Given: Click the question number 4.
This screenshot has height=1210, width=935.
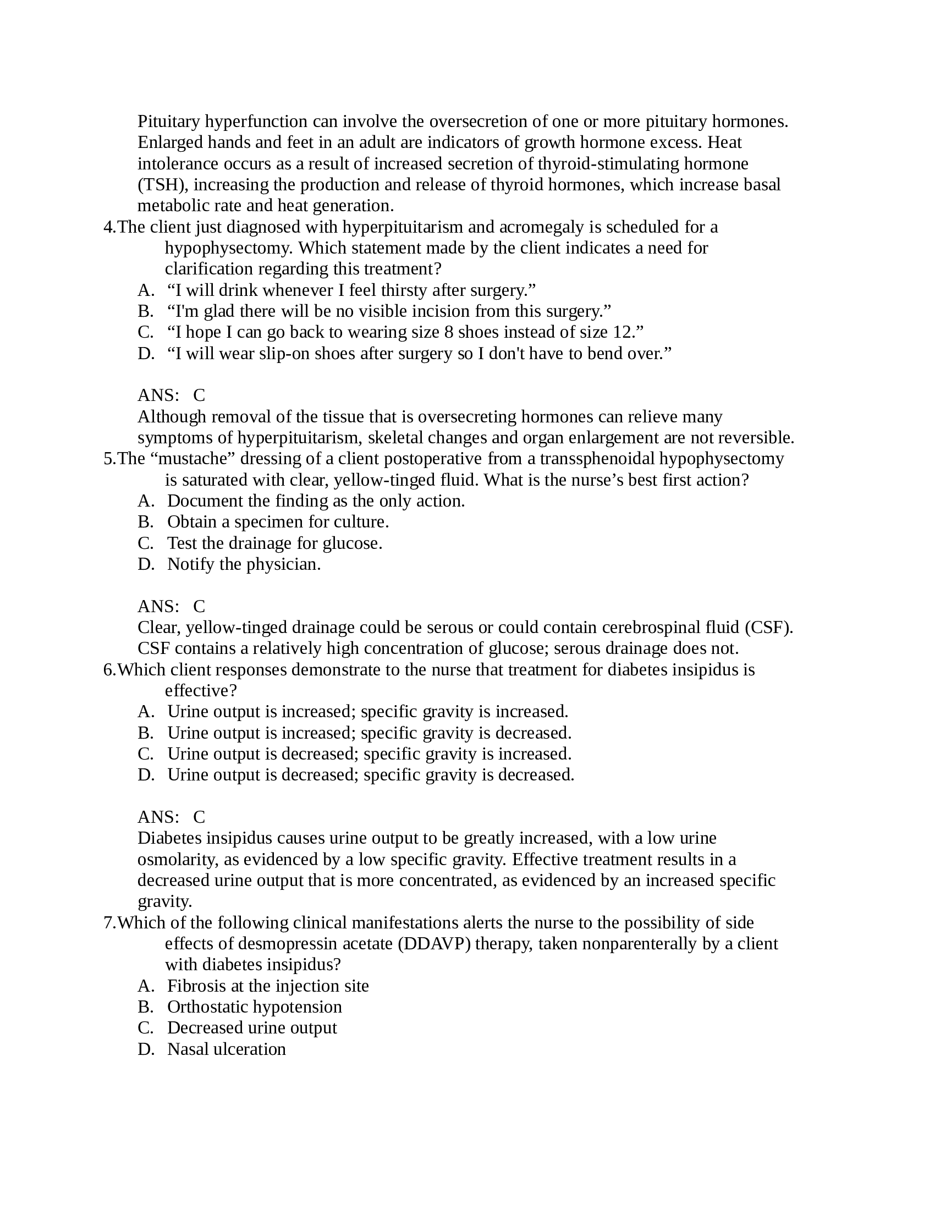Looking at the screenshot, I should [109, 227].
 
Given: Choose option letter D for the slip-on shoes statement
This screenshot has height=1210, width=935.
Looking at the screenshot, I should [145, 353].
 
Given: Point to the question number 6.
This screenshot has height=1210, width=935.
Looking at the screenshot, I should [109, 669].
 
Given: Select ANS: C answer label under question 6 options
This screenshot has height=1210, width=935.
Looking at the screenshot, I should [171, 817].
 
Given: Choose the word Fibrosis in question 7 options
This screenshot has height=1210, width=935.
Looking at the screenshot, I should [197, 986].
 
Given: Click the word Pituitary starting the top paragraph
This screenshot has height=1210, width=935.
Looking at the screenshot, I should [168, 121].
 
